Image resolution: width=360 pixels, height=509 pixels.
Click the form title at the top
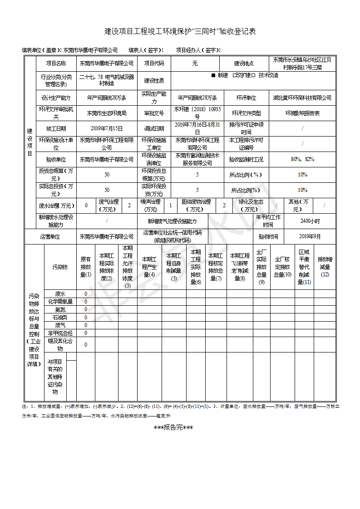pos(180,31)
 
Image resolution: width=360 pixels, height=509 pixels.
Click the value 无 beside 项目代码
pos(195,64)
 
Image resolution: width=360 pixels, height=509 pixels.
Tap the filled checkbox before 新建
pos(213,75)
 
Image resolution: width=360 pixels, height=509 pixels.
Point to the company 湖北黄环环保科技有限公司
pos(302,98)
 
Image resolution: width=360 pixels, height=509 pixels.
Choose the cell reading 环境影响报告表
pos(302,113)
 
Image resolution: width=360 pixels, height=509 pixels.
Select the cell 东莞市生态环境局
pos(107,113)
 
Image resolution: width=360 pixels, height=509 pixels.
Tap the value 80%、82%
pos(302,159)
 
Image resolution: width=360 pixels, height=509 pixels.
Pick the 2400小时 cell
pos(310,221)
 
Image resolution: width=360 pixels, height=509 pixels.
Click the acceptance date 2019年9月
pos(310,236)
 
